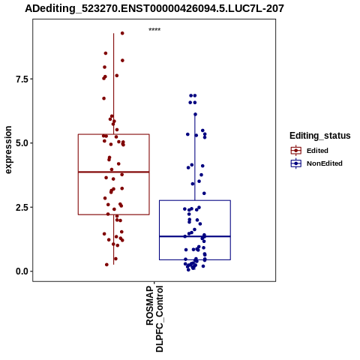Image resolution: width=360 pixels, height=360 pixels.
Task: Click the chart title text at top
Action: (154, 9)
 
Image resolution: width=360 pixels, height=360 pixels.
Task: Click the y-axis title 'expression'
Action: (8, 150)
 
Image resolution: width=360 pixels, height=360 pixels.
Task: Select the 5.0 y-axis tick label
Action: (21, 143)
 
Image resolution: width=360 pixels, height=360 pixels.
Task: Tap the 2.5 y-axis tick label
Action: (21, 207)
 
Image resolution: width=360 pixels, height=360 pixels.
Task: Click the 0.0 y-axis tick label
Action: (21, 271)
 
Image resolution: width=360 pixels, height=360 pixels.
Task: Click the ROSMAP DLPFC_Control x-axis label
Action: (154, 319)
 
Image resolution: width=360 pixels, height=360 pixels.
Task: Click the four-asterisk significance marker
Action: (154, 29)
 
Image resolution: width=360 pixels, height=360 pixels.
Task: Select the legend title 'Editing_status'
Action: (320, 136)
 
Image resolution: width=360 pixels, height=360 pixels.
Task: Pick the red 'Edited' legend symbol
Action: (296, 151)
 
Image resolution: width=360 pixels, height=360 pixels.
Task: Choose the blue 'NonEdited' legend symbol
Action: (296, 163)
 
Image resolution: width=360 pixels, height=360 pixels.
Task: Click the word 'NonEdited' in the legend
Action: (325, 163)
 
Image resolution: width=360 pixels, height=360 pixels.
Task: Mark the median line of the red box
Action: (114, 172)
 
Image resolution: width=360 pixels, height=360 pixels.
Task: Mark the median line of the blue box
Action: (195, 236)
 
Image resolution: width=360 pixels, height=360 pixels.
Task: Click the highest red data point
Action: (122, 33)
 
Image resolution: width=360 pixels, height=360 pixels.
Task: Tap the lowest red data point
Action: (106, 265)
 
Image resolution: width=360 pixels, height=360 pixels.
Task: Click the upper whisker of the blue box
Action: (195, 157)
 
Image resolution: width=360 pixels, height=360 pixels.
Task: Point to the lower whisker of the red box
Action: (114, 239)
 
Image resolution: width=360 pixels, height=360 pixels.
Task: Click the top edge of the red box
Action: (114, 134)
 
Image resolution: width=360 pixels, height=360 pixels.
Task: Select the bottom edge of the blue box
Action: (195, 259)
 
